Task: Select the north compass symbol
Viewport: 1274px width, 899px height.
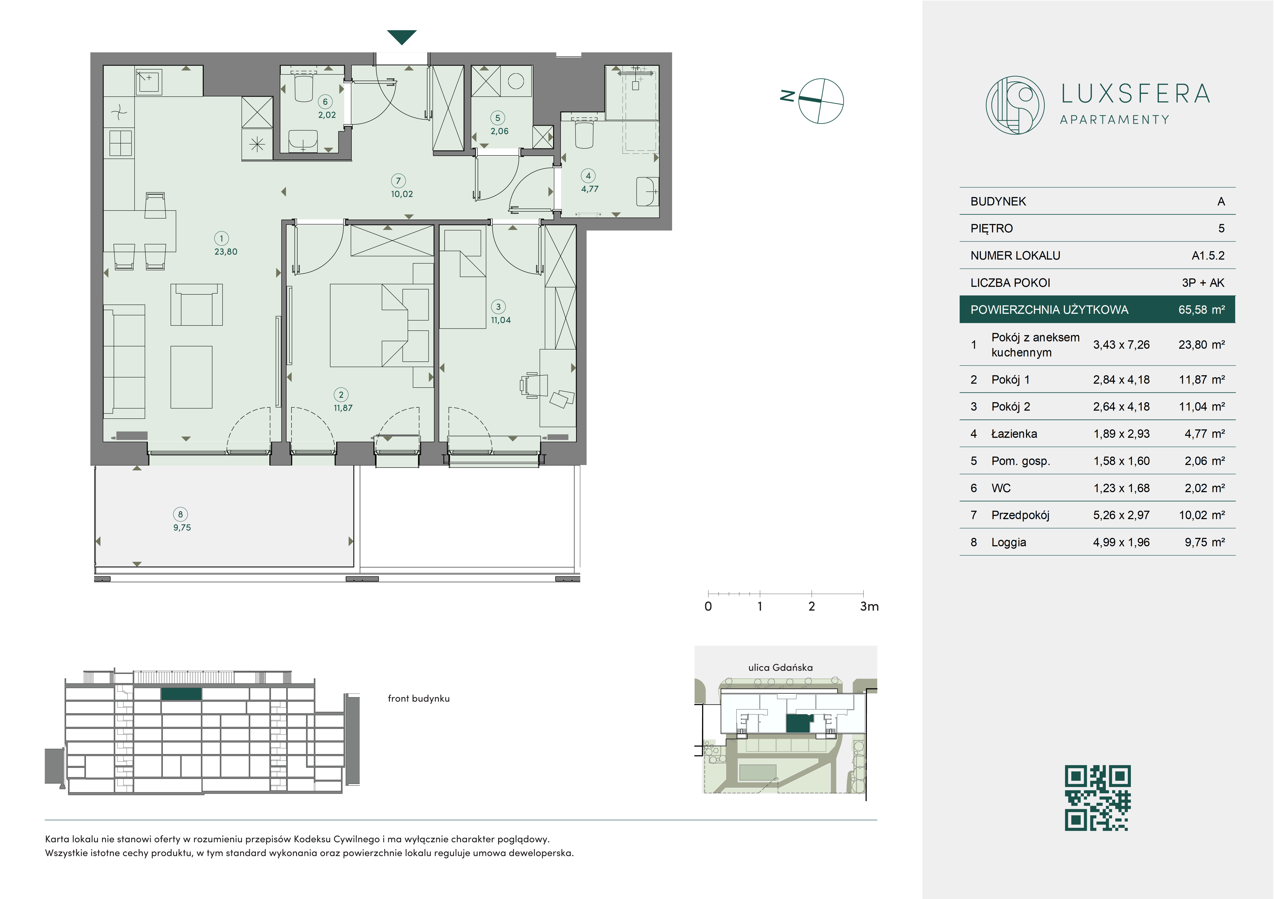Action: (x=814, y=101)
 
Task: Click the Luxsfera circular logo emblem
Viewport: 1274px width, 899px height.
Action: (x=1015, y=105)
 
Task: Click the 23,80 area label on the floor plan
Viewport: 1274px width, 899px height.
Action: (x=226, y=251)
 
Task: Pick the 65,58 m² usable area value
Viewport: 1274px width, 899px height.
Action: (x=1201, y=310)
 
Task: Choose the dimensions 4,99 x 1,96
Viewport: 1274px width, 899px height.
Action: (x=1121, y=542)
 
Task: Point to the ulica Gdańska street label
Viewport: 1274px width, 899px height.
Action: (x=780, y=668)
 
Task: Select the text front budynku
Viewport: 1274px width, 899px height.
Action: (x=418, y=699)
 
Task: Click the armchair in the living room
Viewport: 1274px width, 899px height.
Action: (x=196, y=305)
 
